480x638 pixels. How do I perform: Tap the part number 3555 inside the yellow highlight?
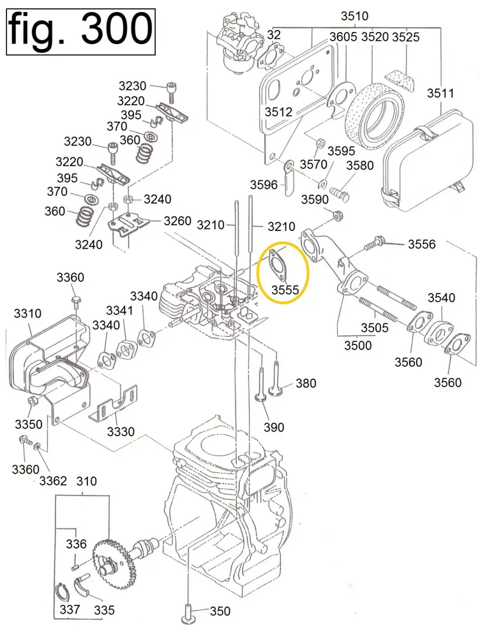pos(285,290)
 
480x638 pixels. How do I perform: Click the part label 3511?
pos(440,94)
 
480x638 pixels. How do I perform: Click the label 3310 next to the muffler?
pos(27,314)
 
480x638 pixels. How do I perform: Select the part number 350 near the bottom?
pos(220,612)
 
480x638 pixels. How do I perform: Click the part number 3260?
pos(177,221)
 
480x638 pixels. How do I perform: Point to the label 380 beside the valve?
pos(306,383)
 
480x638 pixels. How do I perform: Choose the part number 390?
pos(274,427)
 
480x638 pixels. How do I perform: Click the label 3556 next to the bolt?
pos(421,244)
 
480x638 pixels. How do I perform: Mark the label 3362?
pos(53,480)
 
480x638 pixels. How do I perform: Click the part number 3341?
pos(119,311)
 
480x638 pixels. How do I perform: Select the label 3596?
pos(264,185)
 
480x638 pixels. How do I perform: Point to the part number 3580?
pos(360,166)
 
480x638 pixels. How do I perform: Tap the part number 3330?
pos(121,432)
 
